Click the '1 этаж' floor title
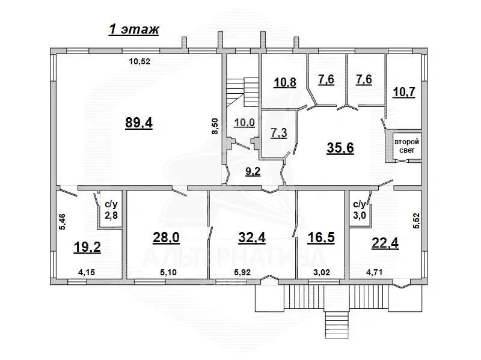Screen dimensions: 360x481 [133, 30]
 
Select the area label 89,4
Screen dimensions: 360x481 [139, 123]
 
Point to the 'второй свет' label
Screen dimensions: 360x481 [406, 146]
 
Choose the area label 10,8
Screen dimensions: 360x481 [284, 82]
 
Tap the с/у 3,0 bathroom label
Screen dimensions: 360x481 [359, 209]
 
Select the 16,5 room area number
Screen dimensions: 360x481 [318, 237]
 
